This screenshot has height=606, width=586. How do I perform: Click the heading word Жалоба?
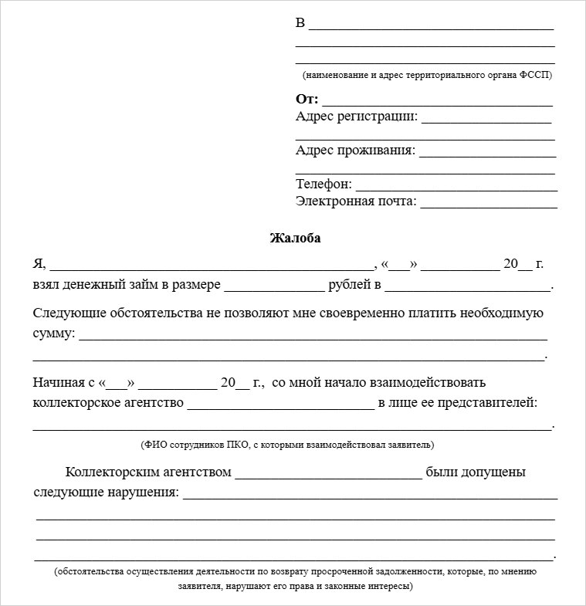click(x=295, y=239)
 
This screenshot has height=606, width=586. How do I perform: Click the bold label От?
click(x=307, y=100)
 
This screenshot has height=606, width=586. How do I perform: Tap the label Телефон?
click(x=323, y=185)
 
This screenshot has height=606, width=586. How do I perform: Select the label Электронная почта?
click(x=356, y=201)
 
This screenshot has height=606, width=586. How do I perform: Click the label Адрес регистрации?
click(x=357, y=117)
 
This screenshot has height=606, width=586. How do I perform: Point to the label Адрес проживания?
click(x=355, y=151)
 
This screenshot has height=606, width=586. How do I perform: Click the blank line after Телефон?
click(x=456, y=188)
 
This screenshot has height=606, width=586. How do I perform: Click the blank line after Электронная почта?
click(x=488, y=205)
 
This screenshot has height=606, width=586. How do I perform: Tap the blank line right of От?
click(x=437, y=103)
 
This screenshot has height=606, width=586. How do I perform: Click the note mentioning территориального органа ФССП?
click(x=427, y=76)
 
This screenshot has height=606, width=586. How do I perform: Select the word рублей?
click(x=351, y=286)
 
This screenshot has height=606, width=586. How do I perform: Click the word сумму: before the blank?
click(x=54, y=333)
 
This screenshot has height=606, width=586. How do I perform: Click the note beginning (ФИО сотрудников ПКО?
click(x=287, y=445)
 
